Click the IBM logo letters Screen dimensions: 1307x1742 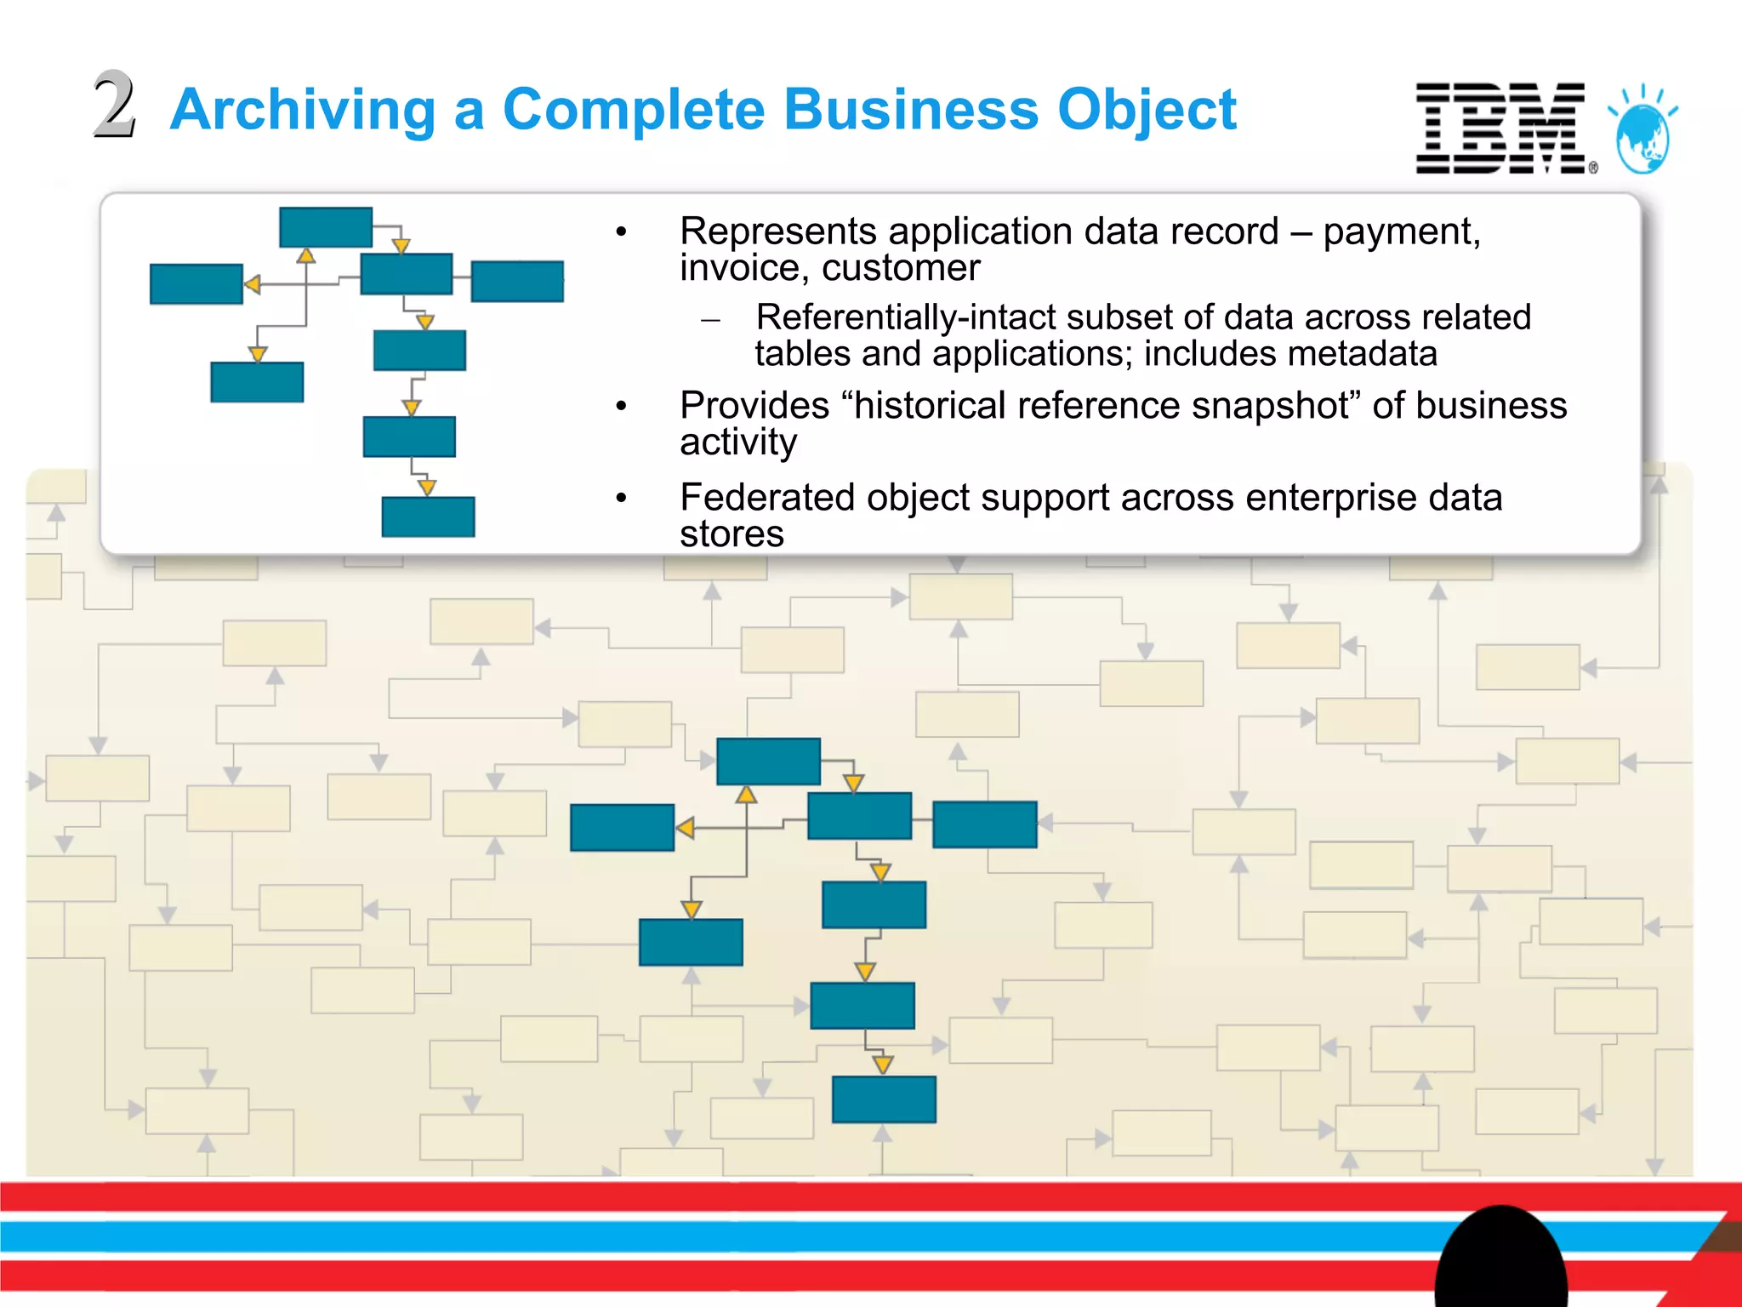(x=1500, y=128)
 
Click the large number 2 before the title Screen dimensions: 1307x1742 (x=114, y=106)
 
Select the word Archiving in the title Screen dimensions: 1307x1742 (x=303, y=110)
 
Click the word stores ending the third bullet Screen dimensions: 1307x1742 (x=732, y=534)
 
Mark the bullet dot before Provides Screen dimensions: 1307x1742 (x=622, y=407)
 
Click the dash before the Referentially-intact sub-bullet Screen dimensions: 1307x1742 (x=711, y=321)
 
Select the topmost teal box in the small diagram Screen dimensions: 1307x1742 (x=326, y=227)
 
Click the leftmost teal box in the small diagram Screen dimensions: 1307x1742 (x=196, y=283)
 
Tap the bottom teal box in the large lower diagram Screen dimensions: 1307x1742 (x=884, y=1099)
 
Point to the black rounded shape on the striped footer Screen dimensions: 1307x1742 (x=1500, y=1259)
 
